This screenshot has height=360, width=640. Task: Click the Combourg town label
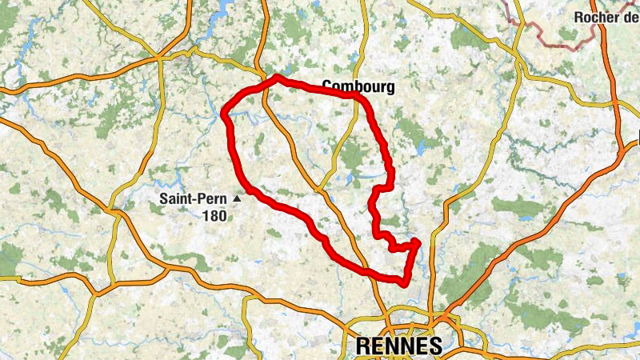coord(358,86)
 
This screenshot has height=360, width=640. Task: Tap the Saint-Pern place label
coord(192,198)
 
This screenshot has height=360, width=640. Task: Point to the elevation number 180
coord(214,215)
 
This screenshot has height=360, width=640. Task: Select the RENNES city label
coord(398,346)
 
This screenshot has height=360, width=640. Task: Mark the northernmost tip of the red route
coord(276,77)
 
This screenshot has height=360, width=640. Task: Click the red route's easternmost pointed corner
coord(418,241)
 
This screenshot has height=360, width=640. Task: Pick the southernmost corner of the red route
coord(402,281)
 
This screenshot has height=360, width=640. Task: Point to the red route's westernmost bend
coord(225,112)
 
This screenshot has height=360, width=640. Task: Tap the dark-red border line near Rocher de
coord(552,40)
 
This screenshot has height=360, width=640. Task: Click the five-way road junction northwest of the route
coord(162,58)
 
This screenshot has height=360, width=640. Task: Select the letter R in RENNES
coord(361,346)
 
